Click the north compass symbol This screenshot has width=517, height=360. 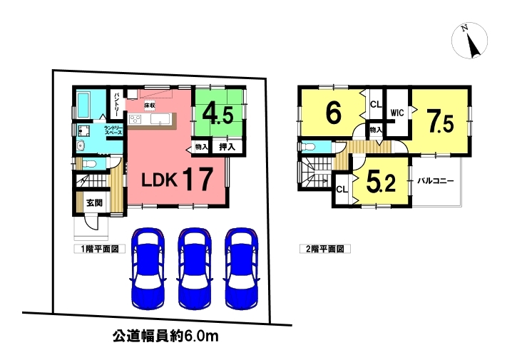469,41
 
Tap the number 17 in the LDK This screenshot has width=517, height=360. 198,179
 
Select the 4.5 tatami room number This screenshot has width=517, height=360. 217,114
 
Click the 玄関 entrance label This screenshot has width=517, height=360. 94,202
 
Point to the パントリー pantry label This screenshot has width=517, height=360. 117,105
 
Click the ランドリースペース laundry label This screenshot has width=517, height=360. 113,130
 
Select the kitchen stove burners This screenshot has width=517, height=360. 135,119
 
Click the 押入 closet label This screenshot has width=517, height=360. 227,146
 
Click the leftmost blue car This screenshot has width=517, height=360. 148,268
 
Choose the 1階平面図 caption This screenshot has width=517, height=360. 100,249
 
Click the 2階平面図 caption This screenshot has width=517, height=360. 324,249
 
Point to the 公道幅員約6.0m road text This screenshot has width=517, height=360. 165,336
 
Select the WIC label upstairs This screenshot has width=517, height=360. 397,113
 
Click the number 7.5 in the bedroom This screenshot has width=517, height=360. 439,121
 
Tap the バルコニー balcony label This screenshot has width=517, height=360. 436,181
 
